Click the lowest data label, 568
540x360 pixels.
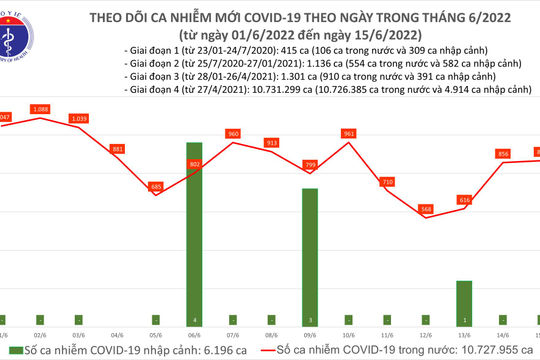(x=426, y=209)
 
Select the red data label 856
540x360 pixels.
(x=502, y=153)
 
